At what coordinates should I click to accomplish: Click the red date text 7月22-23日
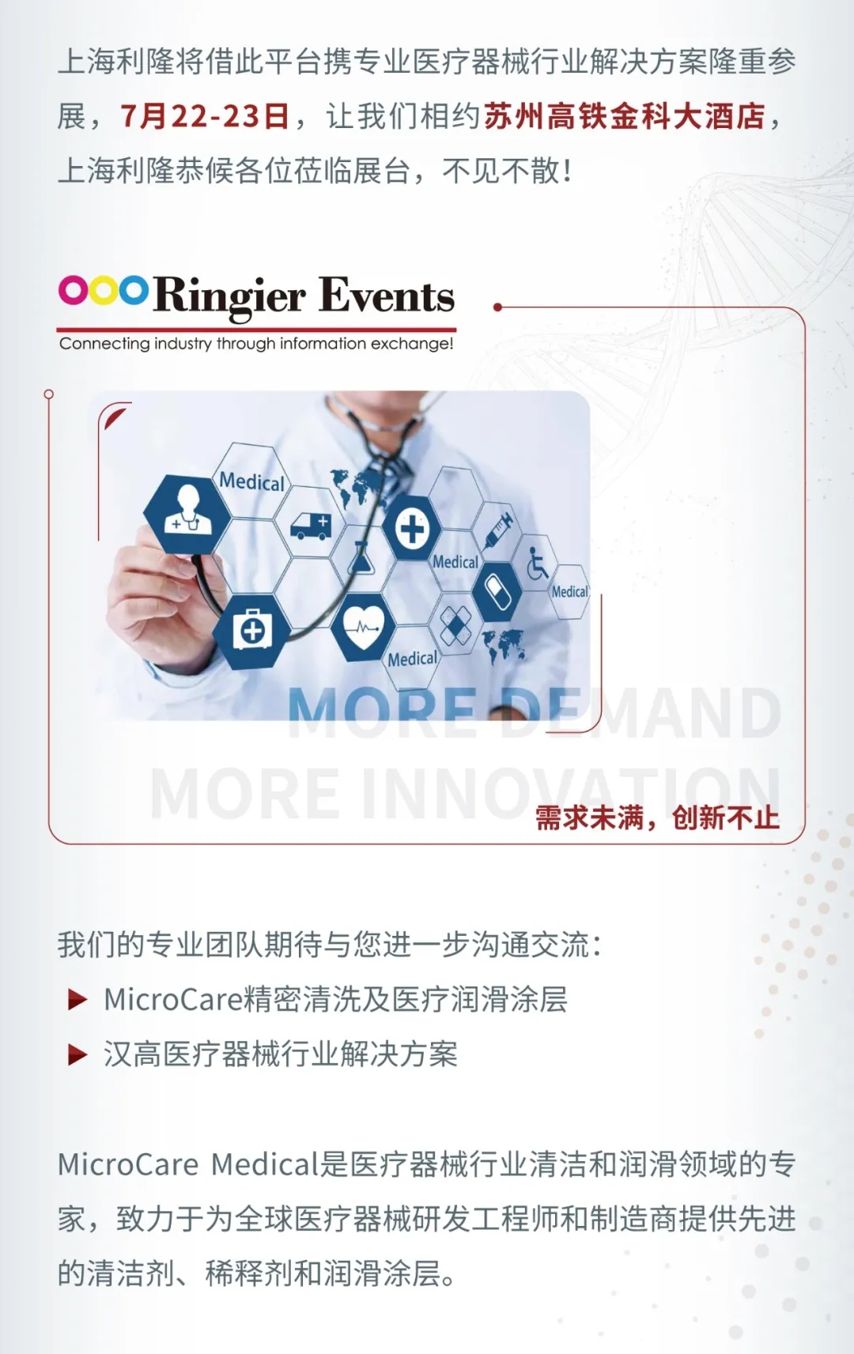(205, 116)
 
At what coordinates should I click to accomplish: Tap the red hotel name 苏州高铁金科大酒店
(625, 116)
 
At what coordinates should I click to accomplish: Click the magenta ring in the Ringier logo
(74, 290)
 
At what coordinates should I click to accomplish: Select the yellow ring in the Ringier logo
(104, 290)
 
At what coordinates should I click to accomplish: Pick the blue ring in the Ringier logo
(133, 290)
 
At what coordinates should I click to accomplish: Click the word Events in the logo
(387, 296)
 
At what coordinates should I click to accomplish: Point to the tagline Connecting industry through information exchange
(256, 344)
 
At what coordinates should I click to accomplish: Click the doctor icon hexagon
(187, 513)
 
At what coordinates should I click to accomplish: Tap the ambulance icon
(311, 526)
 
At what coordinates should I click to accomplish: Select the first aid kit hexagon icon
(252, 631)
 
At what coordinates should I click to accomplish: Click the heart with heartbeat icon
(362, 627)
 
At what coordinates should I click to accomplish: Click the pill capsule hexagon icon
(497, 592)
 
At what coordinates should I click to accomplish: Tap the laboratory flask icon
(361, 557)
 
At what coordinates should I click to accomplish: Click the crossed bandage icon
(456, 624)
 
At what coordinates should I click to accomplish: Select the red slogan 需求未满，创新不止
(657, 818)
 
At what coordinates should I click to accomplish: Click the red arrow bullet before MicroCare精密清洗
(77, 1000)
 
